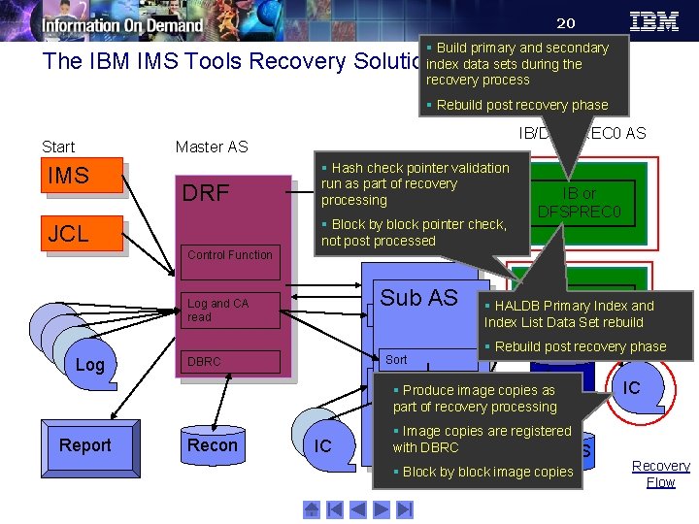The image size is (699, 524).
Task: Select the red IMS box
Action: (x=83, y=177)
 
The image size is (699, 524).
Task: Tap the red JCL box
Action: (x=83, y=234)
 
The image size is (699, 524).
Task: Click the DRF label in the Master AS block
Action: (x=206, y=194)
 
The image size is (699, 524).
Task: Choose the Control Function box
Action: (x=230, y=255)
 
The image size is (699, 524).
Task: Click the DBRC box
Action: (x=231, y=362)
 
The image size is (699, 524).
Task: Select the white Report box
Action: (x=85, y=445)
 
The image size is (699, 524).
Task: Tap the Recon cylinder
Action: (x=212, y=445)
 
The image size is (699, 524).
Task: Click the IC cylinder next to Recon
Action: (x=323, y=445)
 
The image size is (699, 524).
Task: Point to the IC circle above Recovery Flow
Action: (x=632, y=387)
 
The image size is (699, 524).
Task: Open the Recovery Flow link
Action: (x=660, y=474)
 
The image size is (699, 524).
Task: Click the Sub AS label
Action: (x=418, y=298)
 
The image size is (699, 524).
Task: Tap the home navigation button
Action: (x=311, y=508)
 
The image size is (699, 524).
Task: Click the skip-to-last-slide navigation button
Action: (x=406, y=508)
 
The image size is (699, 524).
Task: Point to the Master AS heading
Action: (x=212, y=147)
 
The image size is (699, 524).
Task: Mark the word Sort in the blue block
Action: (x=396, y=359)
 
